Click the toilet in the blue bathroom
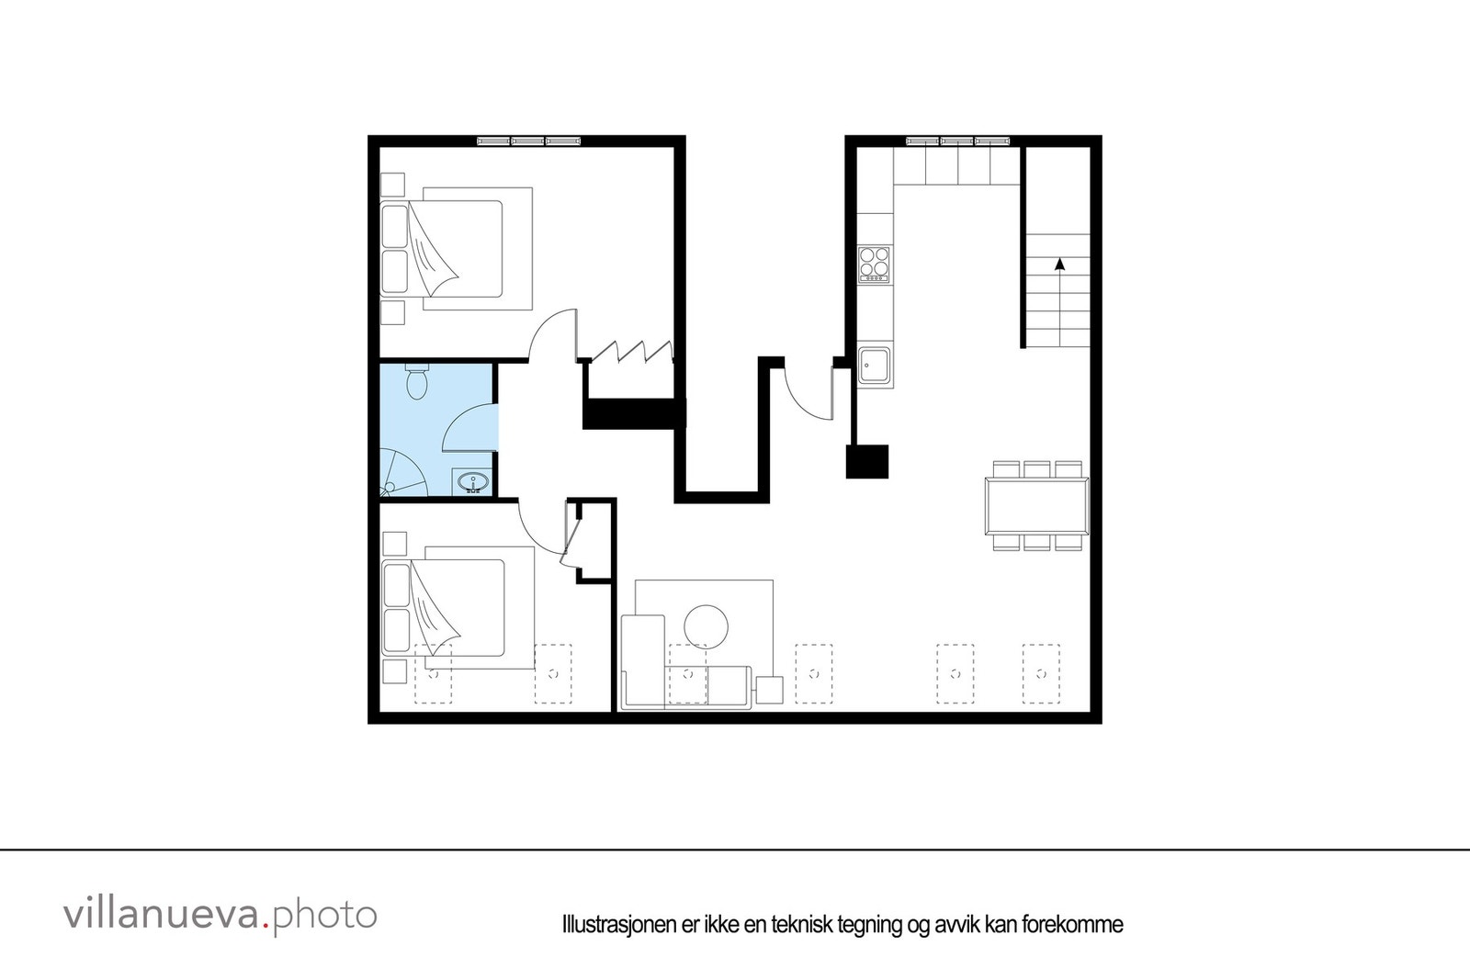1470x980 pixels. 417,382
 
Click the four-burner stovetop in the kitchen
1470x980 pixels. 875,264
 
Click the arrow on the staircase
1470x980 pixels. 1060,264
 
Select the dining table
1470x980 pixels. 1037,505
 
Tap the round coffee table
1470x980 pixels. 706,626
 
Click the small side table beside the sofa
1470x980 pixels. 769,690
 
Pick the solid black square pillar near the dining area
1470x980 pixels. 867,461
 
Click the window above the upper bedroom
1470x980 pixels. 528,141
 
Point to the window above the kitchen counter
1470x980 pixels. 957,141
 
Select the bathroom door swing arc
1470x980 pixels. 469,427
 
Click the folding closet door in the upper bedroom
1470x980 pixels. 630,352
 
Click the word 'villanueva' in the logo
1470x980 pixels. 162,915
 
